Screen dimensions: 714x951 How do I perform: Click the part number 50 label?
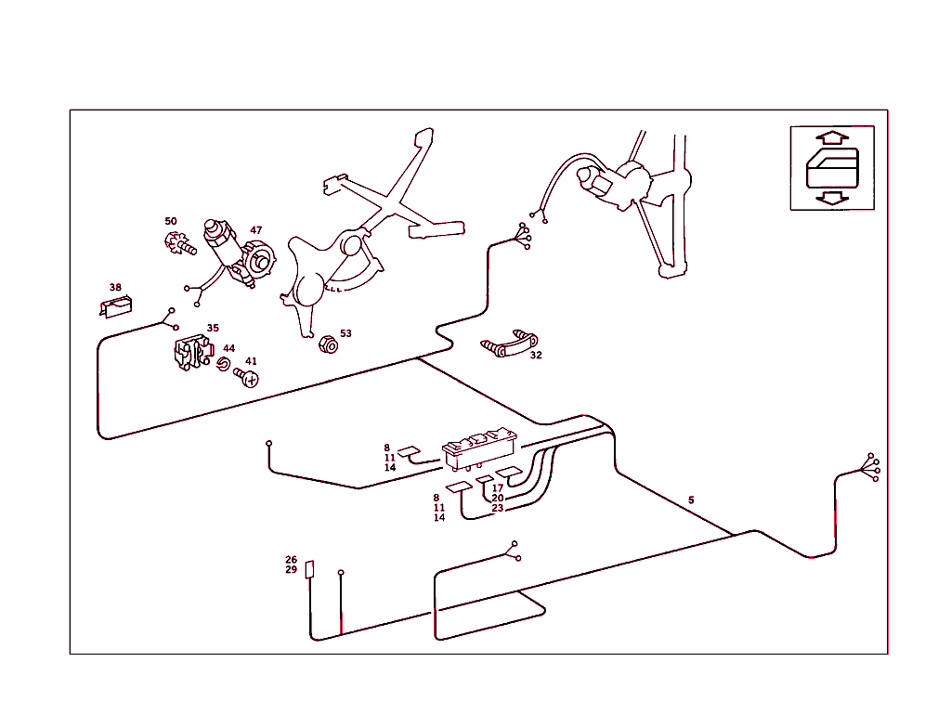pos(171,221)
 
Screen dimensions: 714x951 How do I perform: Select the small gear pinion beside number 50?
pos(177,245)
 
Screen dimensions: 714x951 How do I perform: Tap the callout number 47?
pos(256,229)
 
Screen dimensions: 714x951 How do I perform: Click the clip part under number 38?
pos(116,306)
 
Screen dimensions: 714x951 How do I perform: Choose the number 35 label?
pos(213,328)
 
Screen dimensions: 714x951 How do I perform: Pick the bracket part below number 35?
pos(192,353)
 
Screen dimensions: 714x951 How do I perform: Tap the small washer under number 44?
pos(223,363)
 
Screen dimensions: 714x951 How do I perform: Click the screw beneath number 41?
pos(247,378)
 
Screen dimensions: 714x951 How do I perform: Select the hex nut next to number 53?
pos(327,345)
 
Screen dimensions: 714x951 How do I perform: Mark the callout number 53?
pos(345,333)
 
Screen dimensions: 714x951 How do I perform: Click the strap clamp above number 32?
pos(510,345)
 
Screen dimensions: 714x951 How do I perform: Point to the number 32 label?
pos(536,355)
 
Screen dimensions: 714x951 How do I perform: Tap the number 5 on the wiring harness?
pos(691,500)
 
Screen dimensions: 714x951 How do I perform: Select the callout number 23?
pos(498,508)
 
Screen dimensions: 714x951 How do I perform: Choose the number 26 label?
pos(291,560)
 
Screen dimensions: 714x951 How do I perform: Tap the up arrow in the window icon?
pos(833,137)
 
